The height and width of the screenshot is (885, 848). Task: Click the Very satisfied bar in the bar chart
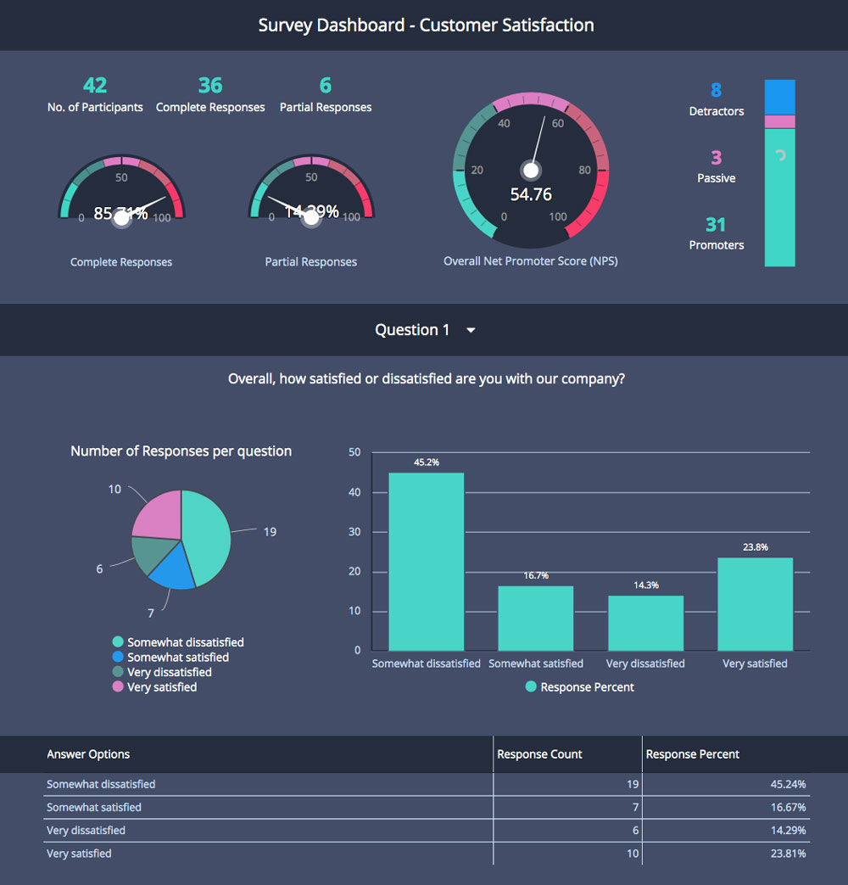click(755, 604)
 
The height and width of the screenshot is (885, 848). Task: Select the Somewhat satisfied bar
click(535, 619)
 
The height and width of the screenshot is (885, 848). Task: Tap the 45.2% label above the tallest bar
click(426, 462)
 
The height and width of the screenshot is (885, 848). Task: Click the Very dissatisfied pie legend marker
click(118, 672)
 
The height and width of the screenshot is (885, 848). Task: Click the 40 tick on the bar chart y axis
click(355, 492)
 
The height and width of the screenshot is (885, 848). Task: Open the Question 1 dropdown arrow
click(471, 330)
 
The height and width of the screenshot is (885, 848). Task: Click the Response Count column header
click(539, 754)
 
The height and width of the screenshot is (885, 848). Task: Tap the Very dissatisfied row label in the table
click(86, 831)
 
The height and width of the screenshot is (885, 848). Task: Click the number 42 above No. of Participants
click(95, 86)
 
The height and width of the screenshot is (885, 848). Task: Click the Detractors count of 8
click(716, 90)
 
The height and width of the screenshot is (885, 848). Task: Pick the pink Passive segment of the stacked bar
click(779, 121)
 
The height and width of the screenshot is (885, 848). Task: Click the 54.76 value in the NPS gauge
click(531, 194)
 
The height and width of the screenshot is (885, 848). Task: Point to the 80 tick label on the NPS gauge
click(584, 170)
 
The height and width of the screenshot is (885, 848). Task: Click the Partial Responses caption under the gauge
click(310, 262)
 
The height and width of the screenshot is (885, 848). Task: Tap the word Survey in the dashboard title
click(285, 25)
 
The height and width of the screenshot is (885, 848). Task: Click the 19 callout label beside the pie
click(270, 532)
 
